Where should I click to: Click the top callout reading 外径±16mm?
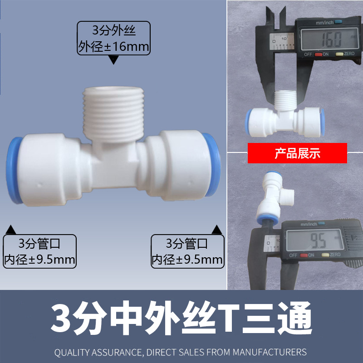click(x=114, y=38)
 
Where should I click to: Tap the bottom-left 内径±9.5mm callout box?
click(x=39, y=251)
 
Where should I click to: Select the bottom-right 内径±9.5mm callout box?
click(x=187, y=251)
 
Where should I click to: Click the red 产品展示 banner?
click(x=297, y=153)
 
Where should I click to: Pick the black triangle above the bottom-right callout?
click(x=217, y=229)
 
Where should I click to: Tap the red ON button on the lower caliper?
click(x=311, y=255)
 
